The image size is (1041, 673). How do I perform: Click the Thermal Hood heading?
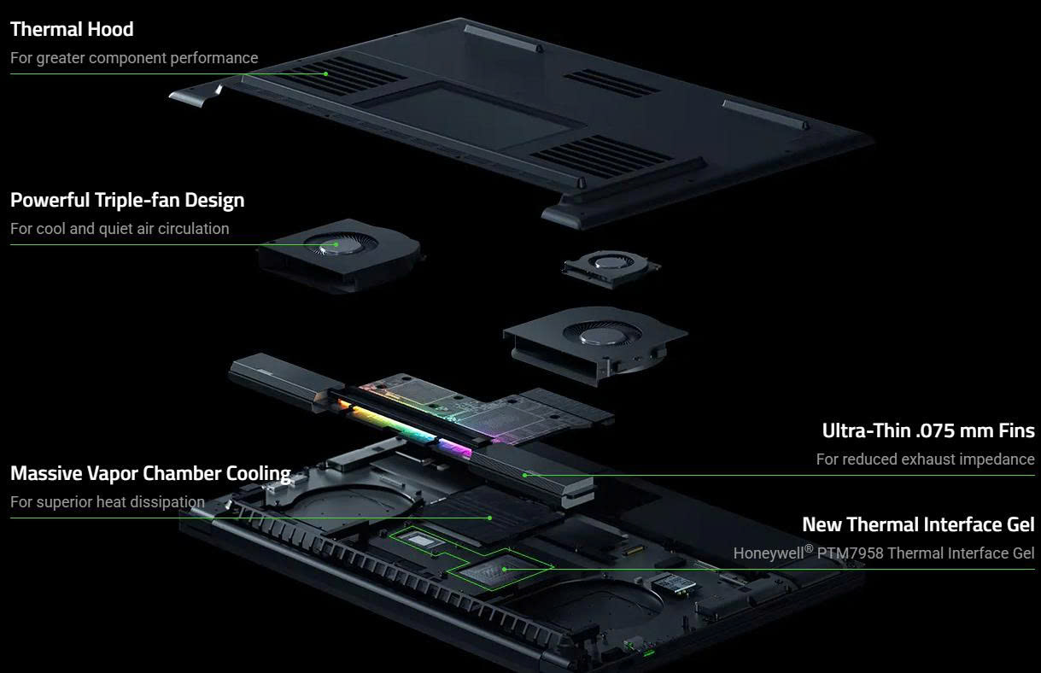(72, 29)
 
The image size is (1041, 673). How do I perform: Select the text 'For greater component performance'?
(134, 58)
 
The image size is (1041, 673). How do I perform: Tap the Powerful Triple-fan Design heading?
(127, 201)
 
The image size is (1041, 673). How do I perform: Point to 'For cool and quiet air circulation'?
(120, 229)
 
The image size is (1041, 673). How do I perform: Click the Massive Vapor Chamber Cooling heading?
(150, 474)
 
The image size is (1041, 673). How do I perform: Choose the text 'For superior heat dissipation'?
(108, 502)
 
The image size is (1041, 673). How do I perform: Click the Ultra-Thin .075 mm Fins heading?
(928, 430)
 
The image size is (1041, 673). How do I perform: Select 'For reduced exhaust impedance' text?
(925, 459)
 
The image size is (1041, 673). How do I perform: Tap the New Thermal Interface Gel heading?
(918, 524)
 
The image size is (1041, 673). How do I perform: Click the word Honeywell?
(769, 553)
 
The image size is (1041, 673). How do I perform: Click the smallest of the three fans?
(611, 268)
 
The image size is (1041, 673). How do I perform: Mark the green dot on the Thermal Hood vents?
(325, 74)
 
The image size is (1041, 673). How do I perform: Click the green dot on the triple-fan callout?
(336, 244)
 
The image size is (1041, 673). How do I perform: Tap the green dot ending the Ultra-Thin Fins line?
(524, 476)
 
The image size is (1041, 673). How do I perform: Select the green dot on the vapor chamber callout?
(490, 518)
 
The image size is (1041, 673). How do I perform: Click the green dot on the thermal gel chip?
(504, 569)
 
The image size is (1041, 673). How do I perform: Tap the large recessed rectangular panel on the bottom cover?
(470, 116)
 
